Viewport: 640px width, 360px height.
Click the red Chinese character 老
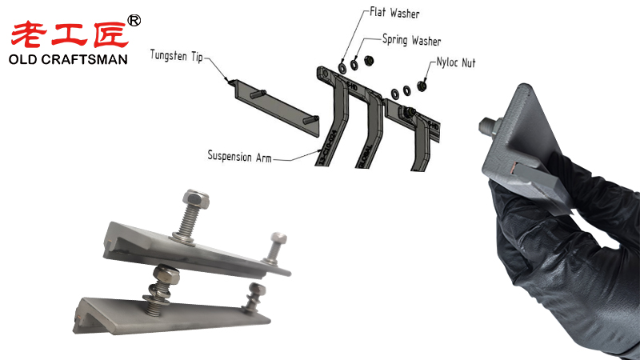(30, 34)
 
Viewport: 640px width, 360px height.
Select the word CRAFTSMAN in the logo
(85, 60)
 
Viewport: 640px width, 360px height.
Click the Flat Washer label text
(394, 14)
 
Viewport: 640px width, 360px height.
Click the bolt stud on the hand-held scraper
(487, 126)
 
